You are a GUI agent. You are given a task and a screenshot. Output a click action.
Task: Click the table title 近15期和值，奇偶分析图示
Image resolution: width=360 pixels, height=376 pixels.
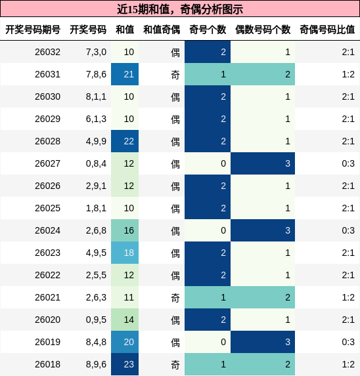(x=179, y=9)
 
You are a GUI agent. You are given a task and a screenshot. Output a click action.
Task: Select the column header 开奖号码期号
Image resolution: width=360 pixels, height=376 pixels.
(x=33, y=30)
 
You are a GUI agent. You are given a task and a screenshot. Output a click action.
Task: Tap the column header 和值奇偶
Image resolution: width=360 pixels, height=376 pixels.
(x=162, y=30)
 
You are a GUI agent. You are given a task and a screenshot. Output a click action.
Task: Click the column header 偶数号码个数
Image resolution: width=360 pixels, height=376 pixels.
(x=263, y=30)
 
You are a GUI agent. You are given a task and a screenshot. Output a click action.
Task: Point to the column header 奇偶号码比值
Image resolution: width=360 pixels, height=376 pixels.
(x=327, y=30)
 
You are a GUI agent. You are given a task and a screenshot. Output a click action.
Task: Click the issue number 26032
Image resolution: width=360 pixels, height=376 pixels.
(x=47, y=52)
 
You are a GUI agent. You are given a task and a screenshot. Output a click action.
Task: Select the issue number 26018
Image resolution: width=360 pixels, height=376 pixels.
(x=47, y=364)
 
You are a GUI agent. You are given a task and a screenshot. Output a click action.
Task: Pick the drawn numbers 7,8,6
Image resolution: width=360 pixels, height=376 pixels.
(x=95, y=74)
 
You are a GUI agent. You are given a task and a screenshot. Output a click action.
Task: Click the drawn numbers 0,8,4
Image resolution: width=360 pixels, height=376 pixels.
(x=95, y=163)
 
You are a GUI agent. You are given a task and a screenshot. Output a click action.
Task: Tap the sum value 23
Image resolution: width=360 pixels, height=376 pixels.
(x=129, y=364)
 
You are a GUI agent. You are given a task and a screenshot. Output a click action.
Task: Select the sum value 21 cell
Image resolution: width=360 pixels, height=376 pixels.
(x=129, y=74)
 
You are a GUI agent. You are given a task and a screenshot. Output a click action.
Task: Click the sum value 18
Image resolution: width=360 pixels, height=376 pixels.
(x=129, y=253)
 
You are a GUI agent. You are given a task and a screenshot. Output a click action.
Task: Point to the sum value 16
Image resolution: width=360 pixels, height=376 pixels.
(x=129, y=230)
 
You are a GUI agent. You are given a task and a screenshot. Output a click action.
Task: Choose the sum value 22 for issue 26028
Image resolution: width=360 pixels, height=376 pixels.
(x=129, y=141)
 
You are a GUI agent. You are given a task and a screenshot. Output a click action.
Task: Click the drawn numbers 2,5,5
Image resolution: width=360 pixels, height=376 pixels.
(x=95, y=275)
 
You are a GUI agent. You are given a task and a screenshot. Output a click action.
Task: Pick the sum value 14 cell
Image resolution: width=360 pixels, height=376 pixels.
(x=129, y=320)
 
